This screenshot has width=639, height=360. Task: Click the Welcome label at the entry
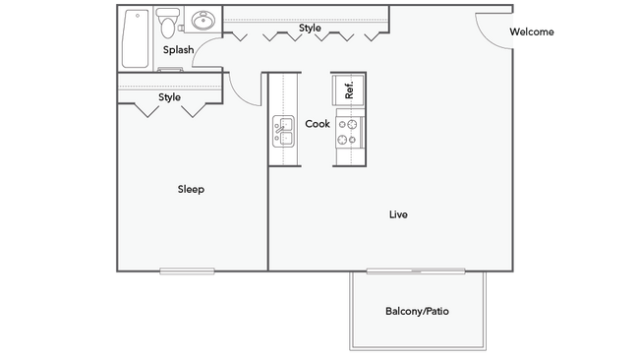click(x=532, y=31)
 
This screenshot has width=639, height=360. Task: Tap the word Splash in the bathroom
click(x=178, y=50)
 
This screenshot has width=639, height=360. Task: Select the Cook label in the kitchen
click(x=318, y=124)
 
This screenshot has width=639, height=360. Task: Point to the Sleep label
click(x=191, y=189)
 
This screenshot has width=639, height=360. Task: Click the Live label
click(x=398, y=214)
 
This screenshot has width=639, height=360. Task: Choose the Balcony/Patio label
click(x=417, y=311)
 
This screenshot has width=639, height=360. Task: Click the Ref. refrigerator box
click(x=348, y=90)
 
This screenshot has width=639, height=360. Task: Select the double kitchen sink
click(x=284, y=131)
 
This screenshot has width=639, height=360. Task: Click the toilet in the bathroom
click(x=167, y=23)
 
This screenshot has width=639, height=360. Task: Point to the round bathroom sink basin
click(x=203, y=20)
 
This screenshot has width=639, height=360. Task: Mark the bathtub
click(x=136, y=38)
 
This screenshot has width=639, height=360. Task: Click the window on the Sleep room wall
click(x=187, y=271)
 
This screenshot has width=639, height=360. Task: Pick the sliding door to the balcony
click(x=416, y=271)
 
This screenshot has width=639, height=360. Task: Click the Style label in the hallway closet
click(x=310, y=29)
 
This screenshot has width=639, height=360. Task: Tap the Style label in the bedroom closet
click(x=169, y=97)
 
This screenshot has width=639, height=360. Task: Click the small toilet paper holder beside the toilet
click(x=181, y=29)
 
